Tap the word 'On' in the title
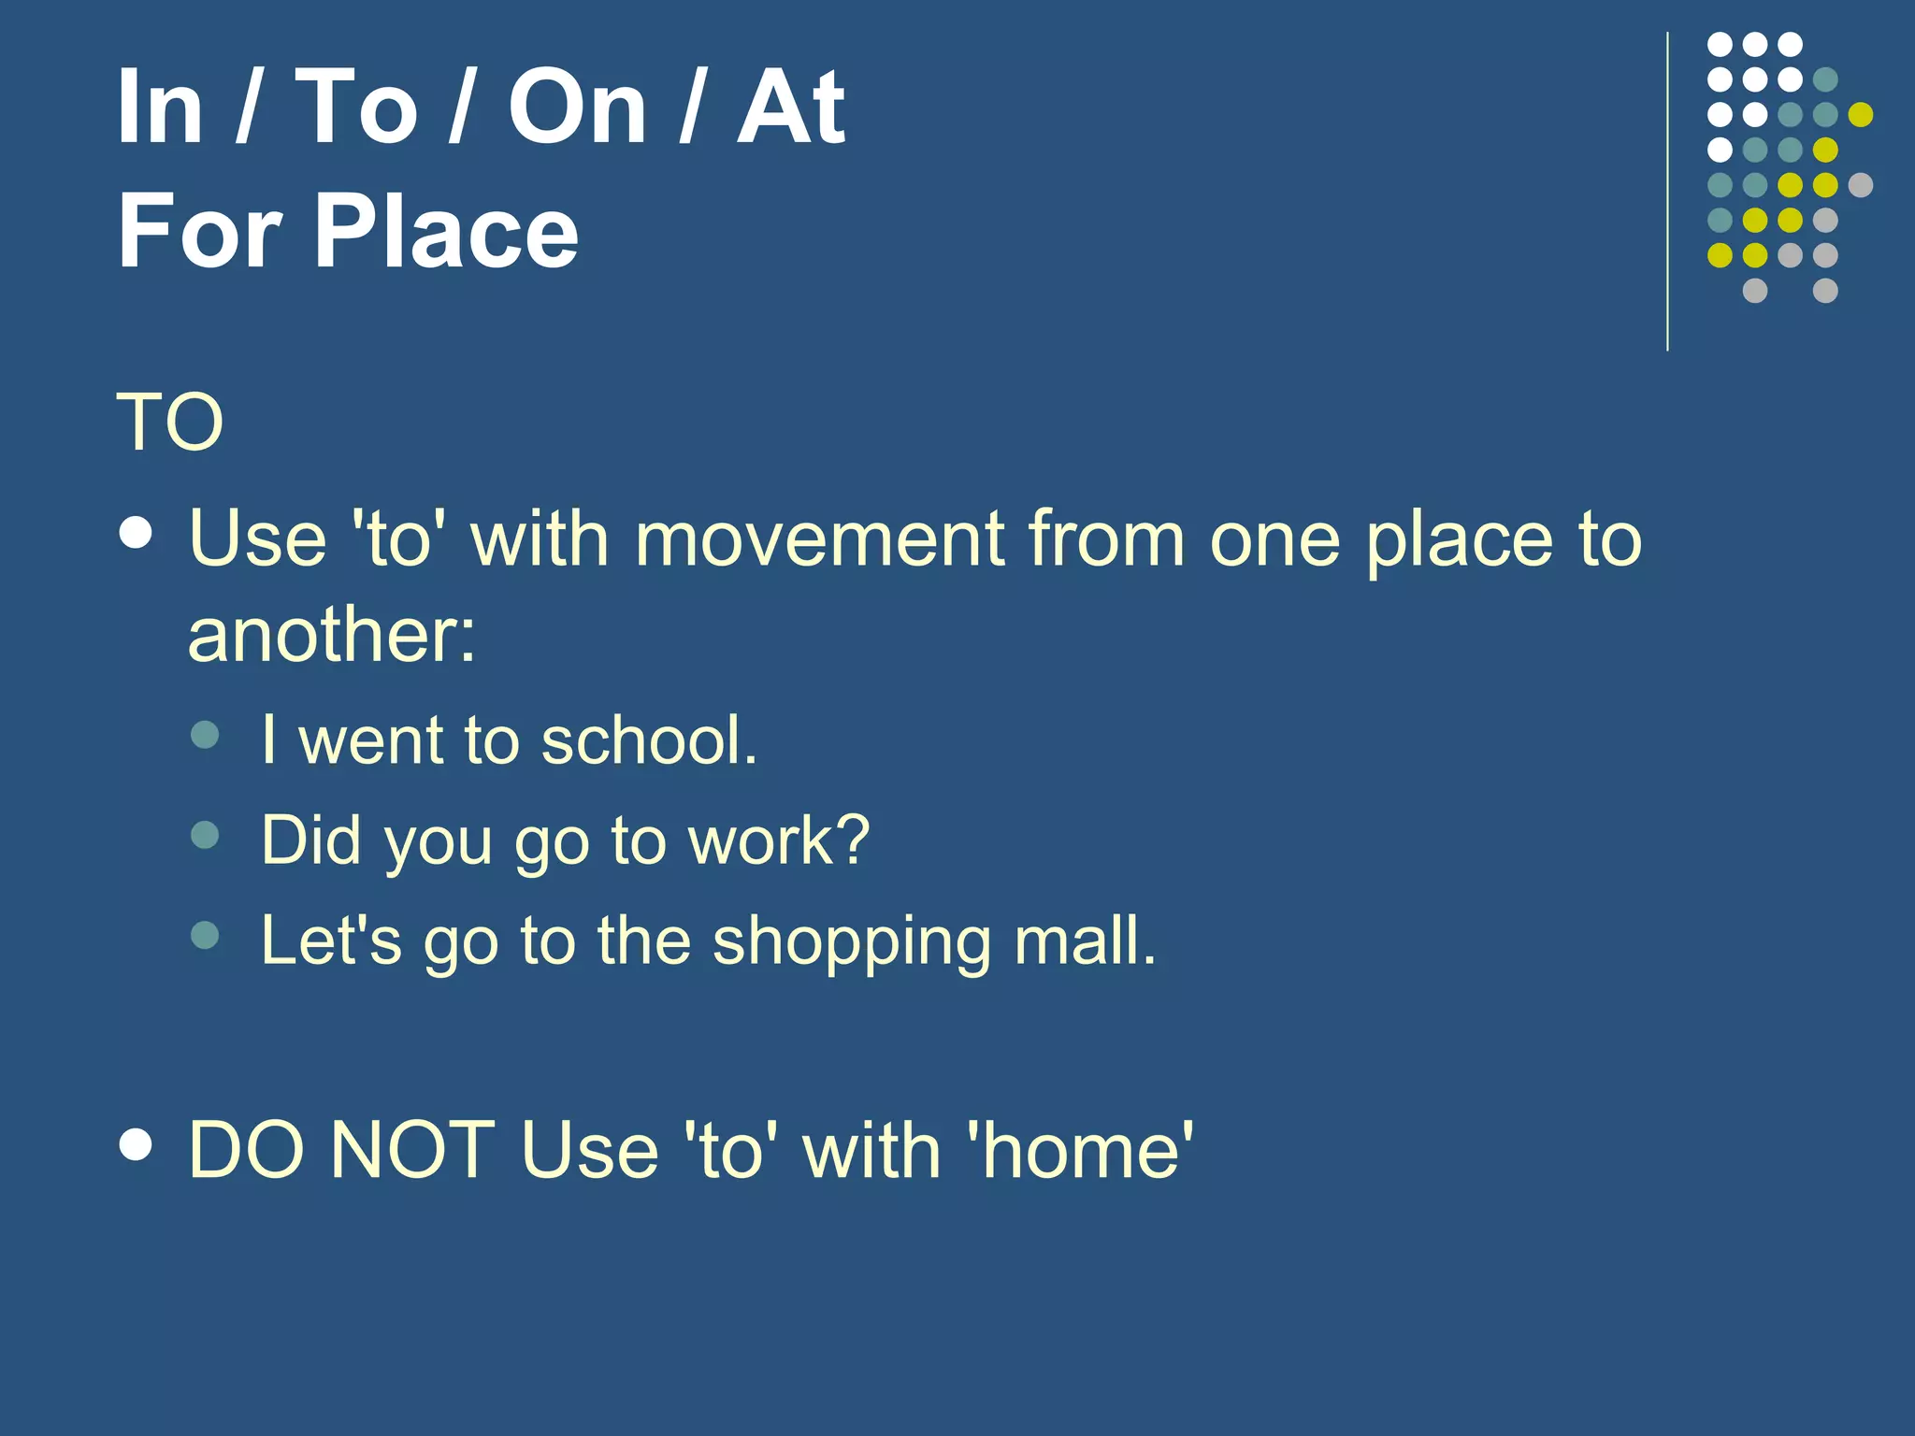click(577, 108)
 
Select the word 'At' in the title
click(791, 108)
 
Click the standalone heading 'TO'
click(170, 423)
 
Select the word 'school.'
click(649, 740)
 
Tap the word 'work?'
click(779, 840)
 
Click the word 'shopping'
click(851, 942)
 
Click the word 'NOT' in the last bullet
click(412, 1150)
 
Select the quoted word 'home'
click(1082, 1150)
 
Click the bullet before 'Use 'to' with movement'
click(137, 533)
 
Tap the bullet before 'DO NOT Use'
click(137, 1143)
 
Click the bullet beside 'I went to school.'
click(205, 734)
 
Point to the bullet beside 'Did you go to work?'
click(205, 834)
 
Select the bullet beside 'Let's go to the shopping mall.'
click(205, 935)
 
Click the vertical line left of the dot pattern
click(1667, 192)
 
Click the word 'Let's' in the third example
click(331, 941)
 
